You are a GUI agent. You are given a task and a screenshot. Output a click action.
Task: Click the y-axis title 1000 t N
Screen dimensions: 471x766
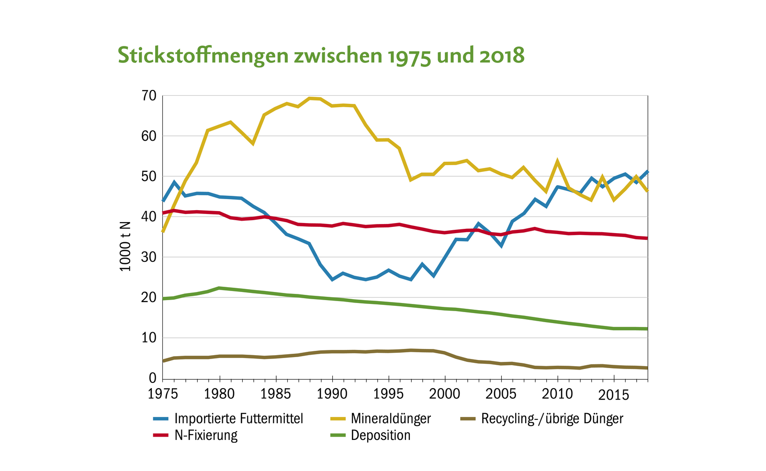(125, 246)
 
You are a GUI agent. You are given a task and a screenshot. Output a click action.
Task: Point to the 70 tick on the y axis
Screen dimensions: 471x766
(148, 96)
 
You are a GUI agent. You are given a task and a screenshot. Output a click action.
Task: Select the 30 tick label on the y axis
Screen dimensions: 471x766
(148, 258)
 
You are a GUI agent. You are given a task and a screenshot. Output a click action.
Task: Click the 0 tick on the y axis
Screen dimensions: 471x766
(153, 379)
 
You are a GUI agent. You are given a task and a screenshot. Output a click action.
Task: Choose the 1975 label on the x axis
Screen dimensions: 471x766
(163, 394)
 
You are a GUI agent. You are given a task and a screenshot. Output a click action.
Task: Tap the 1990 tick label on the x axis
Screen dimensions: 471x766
(332, 394)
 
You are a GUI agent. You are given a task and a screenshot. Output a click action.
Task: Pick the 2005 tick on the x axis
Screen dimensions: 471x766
(501, 394)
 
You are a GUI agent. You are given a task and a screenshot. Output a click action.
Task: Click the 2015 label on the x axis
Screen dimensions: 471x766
(614, 395)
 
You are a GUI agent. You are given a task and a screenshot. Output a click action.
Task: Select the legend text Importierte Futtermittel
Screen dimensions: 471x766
(238, 419)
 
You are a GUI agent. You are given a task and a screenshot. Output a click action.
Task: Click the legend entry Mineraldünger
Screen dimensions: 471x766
(391, 419)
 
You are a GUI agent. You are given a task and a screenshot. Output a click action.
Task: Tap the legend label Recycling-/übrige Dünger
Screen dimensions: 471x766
(552, 419)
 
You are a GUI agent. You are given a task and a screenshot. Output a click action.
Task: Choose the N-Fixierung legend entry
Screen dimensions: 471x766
(206, 436)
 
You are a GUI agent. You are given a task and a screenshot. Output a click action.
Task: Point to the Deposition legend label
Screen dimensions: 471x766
(381, 436)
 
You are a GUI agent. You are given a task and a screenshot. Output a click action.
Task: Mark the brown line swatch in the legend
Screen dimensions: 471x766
(468, 419)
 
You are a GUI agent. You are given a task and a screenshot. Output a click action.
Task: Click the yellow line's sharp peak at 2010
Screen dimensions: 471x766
(557, 161)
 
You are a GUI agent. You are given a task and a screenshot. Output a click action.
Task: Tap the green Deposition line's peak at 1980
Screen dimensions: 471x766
(219, 288)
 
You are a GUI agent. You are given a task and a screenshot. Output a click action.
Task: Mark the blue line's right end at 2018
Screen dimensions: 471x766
(647, 171)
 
